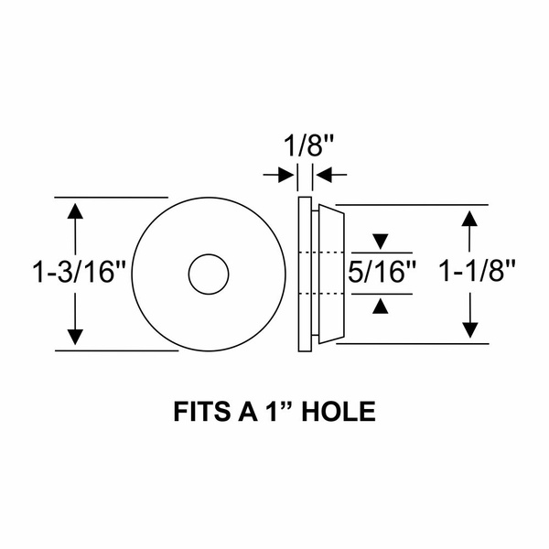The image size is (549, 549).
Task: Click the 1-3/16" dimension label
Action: (79, 273)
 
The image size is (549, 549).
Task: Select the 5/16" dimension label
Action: (382, 272)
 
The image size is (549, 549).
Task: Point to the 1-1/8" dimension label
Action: (477, 271)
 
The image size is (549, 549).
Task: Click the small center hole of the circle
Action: (209, 274)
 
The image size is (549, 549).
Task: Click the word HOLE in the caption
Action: (339, 412)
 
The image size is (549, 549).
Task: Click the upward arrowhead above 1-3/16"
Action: (75, 211)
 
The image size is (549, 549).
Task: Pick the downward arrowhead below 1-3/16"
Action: (75, 337)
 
